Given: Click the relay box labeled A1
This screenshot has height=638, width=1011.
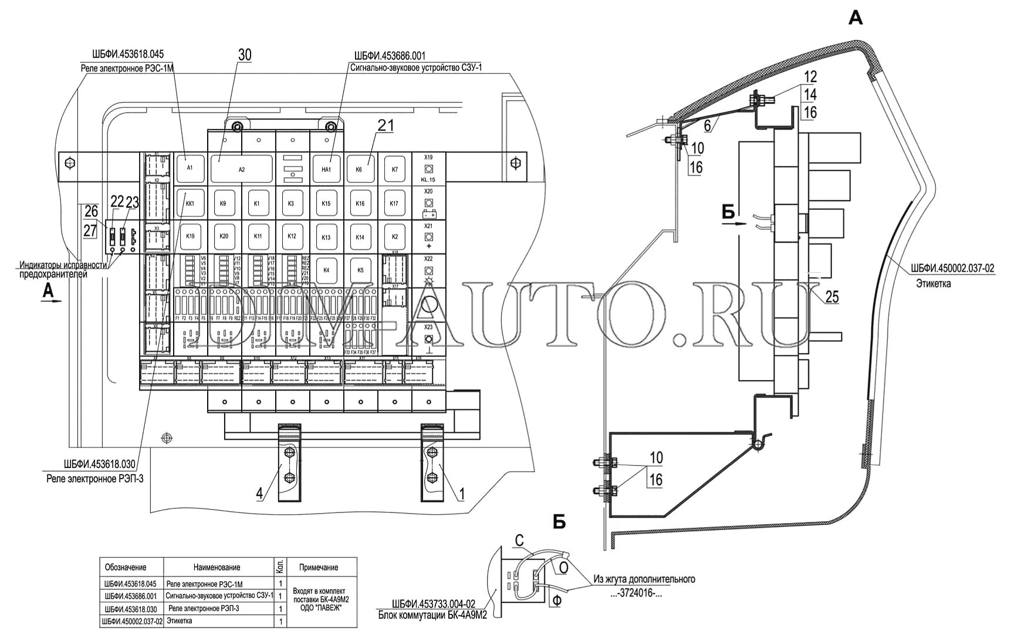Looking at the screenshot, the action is click(x=189, y=168).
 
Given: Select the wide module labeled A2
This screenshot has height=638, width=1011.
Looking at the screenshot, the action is click(x=241, y=169).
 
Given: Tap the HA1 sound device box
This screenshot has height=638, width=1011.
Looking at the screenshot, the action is click(x=326, y=169).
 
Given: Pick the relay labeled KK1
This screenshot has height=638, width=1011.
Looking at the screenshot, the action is click(x=189, y=203).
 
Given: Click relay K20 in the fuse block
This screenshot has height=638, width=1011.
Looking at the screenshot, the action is click(x=224, y=236).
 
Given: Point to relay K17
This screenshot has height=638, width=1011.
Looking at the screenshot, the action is click(x=394, y=203).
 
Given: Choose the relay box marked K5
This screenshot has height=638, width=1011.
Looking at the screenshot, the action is click(x=360, y=270).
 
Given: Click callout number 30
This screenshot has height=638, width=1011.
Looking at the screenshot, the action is click(x=244, y=55).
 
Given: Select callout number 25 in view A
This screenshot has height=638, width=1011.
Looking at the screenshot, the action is click(x=831, y=297).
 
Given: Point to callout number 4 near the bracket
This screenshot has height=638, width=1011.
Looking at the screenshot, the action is click(x=259, y=493).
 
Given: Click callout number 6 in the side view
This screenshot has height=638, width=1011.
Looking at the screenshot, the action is click(x=708, y=124).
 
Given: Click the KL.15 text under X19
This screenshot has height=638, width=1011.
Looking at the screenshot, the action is click(x=428, y=179).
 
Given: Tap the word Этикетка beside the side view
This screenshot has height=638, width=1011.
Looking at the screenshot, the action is click(x=933, y=284).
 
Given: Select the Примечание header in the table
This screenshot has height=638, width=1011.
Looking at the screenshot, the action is click(x=318, y=568).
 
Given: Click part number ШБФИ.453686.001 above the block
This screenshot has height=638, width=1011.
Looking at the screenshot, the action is click(x=390, y=56).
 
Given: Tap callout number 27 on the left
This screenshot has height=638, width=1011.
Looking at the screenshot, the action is click(x=89, y=230).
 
